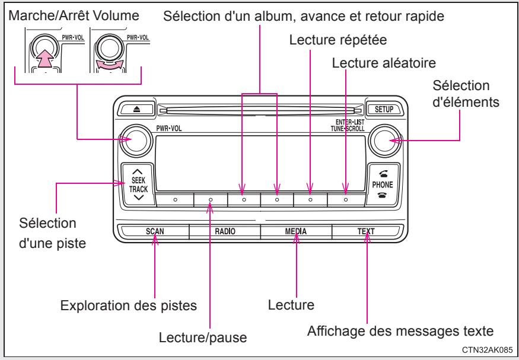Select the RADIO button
click(x=225, y=231)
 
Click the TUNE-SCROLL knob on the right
click(x=380, y=141)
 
